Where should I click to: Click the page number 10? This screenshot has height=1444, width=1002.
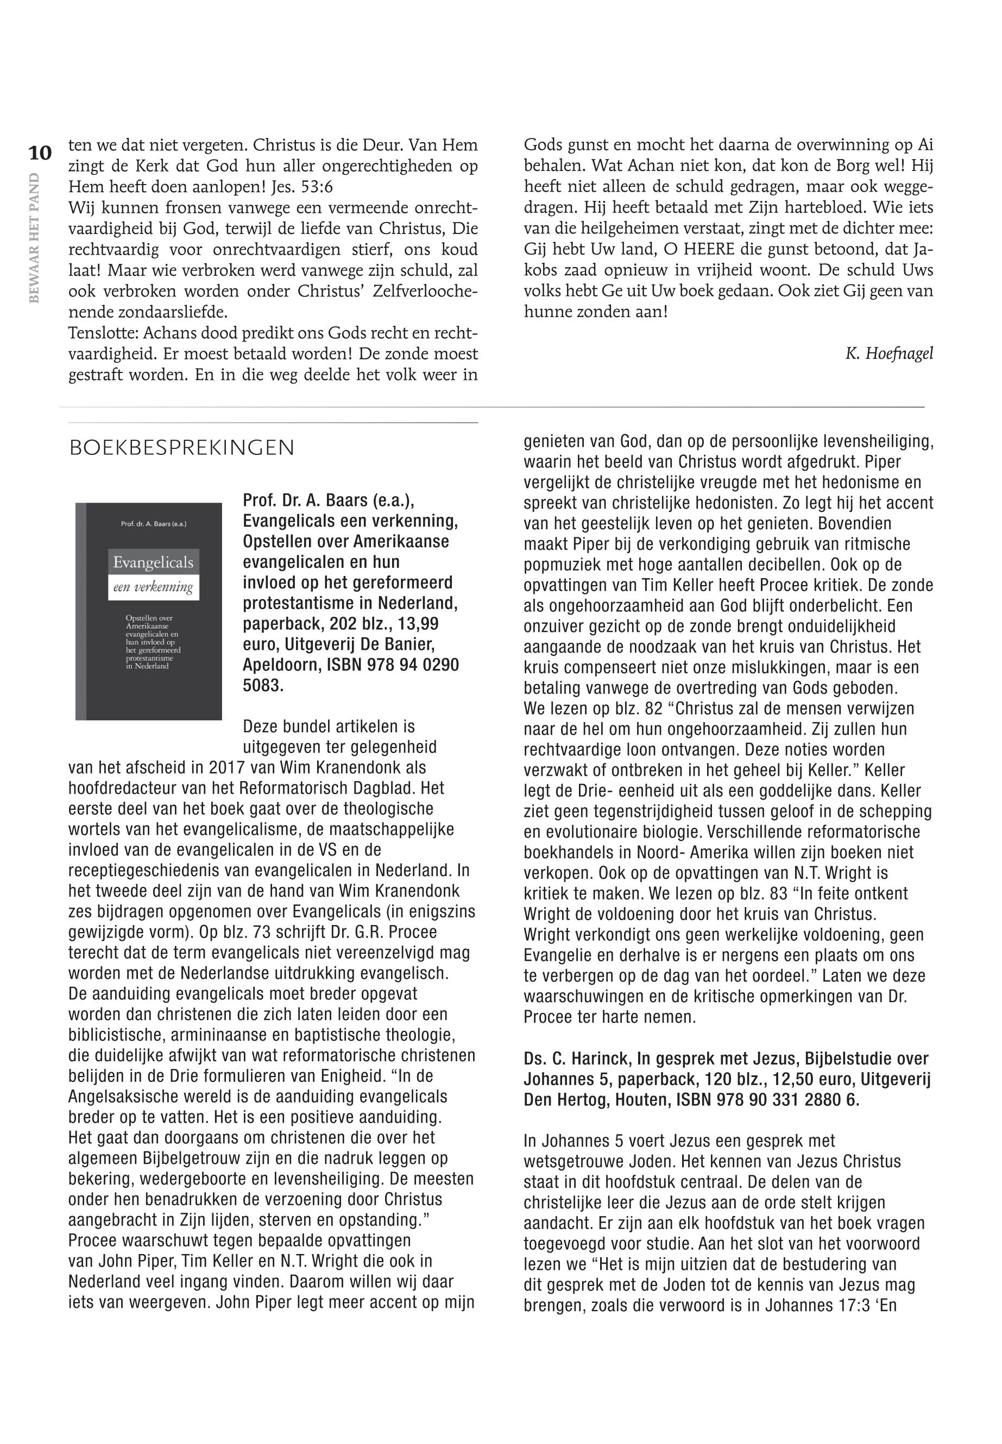click(39, 153)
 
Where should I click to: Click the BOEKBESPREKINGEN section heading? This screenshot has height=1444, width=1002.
click(181, 448)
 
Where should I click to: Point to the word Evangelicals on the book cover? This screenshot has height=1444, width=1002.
click(153, 562)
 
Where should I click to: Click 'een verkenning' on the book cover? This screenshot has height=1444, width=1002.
click(153, 588)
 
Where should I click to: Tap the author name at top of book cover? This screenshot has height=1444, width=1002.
click(154, 523)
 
